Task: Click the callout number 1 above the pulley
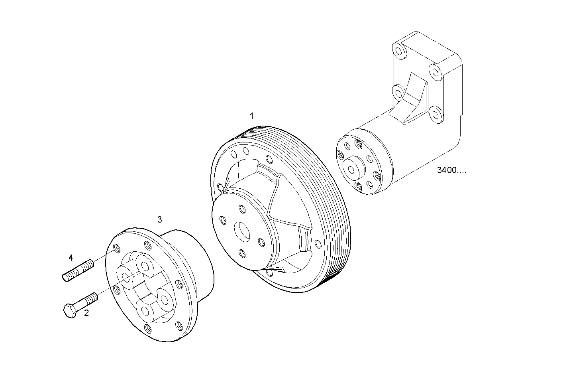pyautogui.click(x=251, y=116)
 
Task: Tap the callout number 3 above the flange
pyautogui.click(x=159, y=219)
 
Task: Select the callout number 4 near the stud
pyautogui.click(x=71, y=258)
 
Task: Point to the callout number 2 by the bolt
pyautogui.click(x=86, y=313)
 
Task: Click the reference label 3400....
pyautogui.click(x=451, y=171)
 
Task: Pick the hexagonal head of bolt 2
pyautogui.click(x=70, y=311)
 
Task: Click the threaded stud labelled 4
pyautogui.click(x=78, y=270)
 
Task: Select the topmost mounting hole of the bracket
pyautogui.click(x=398, y=51)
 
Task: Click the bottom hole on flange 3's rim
pyautogui.click(x=148, y=328)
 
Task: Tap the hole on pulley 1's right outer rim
pyautogui.click(x=318, y=243)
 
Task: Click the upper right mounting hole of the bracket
pyautogui.click(x=435, y=73)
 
